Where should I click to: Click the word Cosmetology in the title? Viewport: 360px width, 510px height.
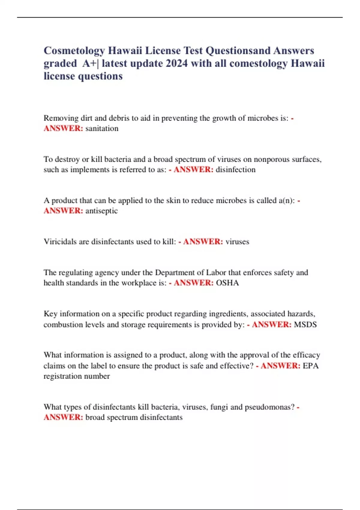[x=74, y=51]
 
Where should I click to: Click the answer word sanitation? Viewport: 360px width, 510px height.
[x=102, y=128]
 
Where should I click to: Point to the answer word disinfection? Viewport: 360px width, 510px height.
[x=235, y=169]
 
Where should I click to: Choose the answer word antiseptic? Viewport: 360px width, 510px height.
[x=101, y=211]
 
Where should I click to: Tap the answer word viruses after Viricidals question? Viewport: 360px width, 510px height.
[x=237, y=242]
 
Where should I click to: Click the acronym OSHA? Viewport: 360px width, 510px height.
[x=227, y=283]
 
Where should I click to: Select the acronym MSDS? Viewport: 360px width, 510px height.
[x=305, y=325]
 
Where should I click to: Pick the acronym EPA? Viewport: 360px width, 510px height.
[x=310, y=366]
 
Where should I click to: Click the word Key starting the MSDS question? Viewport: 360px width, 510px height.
[x=50, y=314]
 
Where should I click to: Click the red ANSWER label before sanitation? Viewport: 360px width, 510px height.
[x=63, y=128]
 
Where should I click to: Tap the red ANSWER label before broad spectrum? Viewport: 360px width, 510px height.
[x=63, y=417]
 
